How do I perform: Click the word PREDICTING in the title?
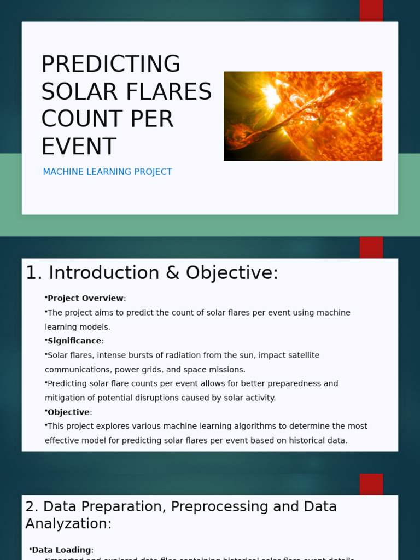pyautogui.click(x=110, y=65)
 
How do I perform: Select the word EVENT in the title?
pyautogui.click(x=79, y=147)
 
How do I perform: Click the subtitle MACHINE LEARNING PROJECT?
pyautogui.click(x=107, y=172)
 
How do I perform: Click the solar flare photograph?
pyautogui.click(x=302, y=116)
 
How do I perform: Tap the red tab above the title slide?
pyautogui.click(x=371, y=10)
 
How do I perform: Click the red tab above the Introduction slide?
pyautogui.click(x=371, y=247)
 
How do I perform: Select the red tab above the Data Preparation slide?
pyautogui.click(x=371, y=484)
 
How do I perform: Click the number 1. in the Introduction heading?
pyautogui.click(x=34, y=273)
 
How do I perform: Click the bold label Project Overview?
pyautogui.click(x=85, y=299)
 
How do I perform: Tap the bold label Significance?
pyautogui.click(x=74, y=341)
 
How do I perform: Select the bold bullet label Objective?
pyautogui.click(x=68, y=412)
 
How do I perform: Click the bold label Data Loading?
pyautogui.click(x=61, y=550)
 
